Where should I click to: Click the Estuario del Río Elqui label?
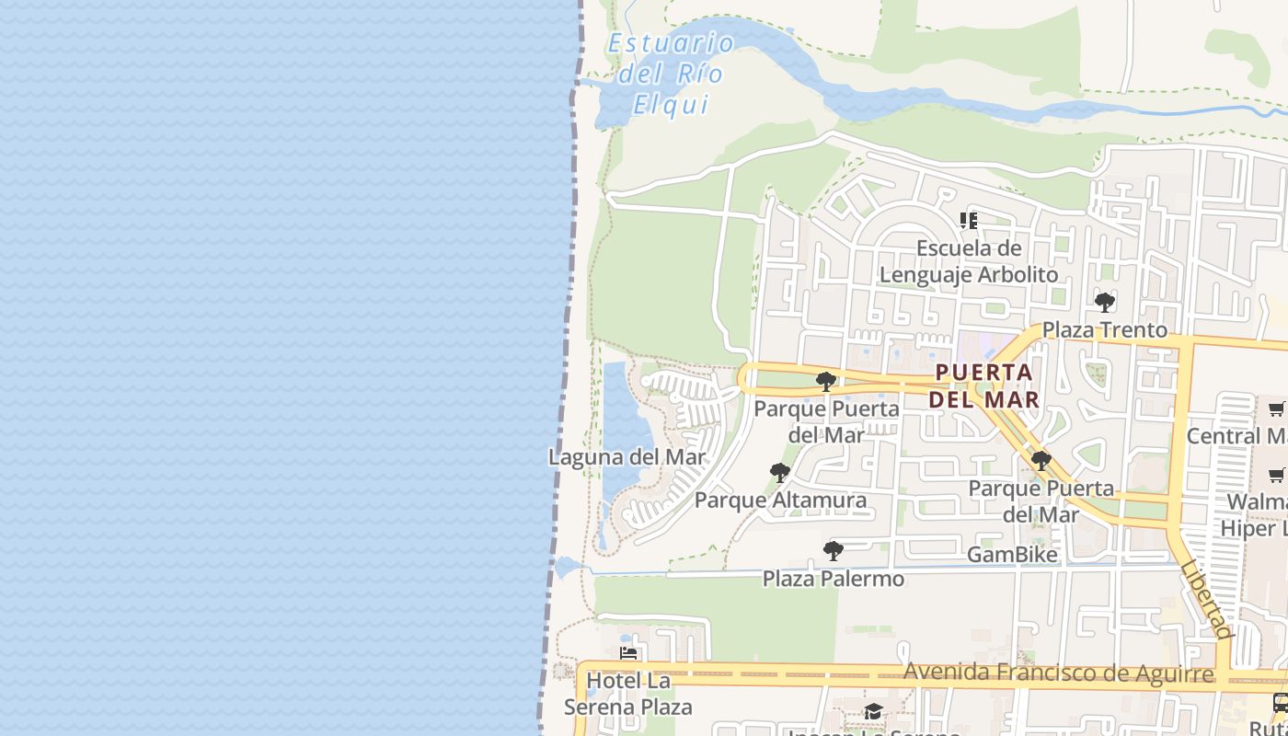click(x=671, y=74)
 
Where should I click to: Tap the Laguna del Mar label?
click(x=627, y=457)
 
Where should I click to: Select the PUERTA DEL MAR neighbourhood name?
click(x=983, y=386)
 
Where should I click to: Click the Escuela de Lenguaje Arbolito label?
click(x=969, y=261)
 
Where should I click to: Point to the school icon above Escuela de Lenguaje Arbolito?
click(x=968, y=221)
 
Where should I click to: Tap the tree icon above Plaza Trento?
click(x=1105, y=302)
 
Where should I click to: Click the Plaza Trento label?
click(x=1104, y=329)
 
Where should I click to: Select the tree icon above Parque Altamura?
click(x=779, y=473)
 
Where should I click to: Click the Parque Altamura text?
click(x=780, y=500)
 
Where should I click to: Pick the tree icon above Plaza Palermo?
click(x=833, y=551)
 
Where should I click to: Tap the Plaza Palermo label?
click(x=834, y=579)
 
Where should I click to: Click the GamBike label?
click(x=1012, y=555)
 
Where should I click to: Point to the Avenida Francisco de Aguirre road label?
click(x=1058, y=673)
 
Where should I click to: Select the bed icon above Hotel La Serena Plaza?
click(x=629, y=654)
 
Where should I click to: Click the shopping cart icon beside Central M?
click(x=1276, y=409)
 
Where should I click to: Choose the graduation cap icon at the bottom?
click(x=872, y=712)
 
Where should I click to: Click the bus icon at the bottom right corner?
click(x=1280, y=704)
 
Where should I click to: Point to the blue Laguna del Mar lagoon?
click(x=618, y=423)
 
